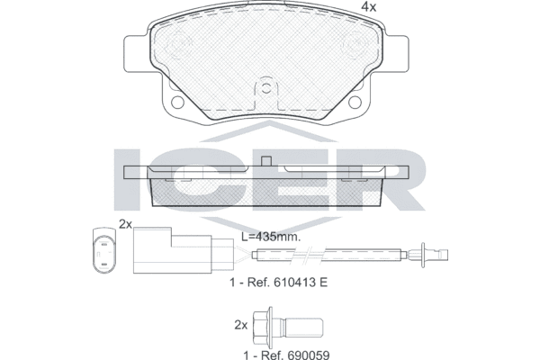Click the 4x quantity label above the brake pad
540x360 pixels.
tap(368, 7)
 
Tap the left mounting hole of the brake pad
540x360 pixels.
tap(177, 102)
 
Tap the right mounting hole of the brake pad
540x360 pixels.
tap(355, 102)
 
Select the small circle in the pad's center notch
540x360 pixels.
tap(265, 88)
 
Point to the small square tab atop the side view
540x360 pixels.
tap(266, 161)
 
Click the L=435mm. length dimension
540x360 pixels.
tap(270, 237)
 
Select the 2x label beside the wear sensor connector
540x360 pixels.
tap(125, 224)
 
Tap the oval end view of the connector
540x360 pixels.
tap(104, 251)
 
